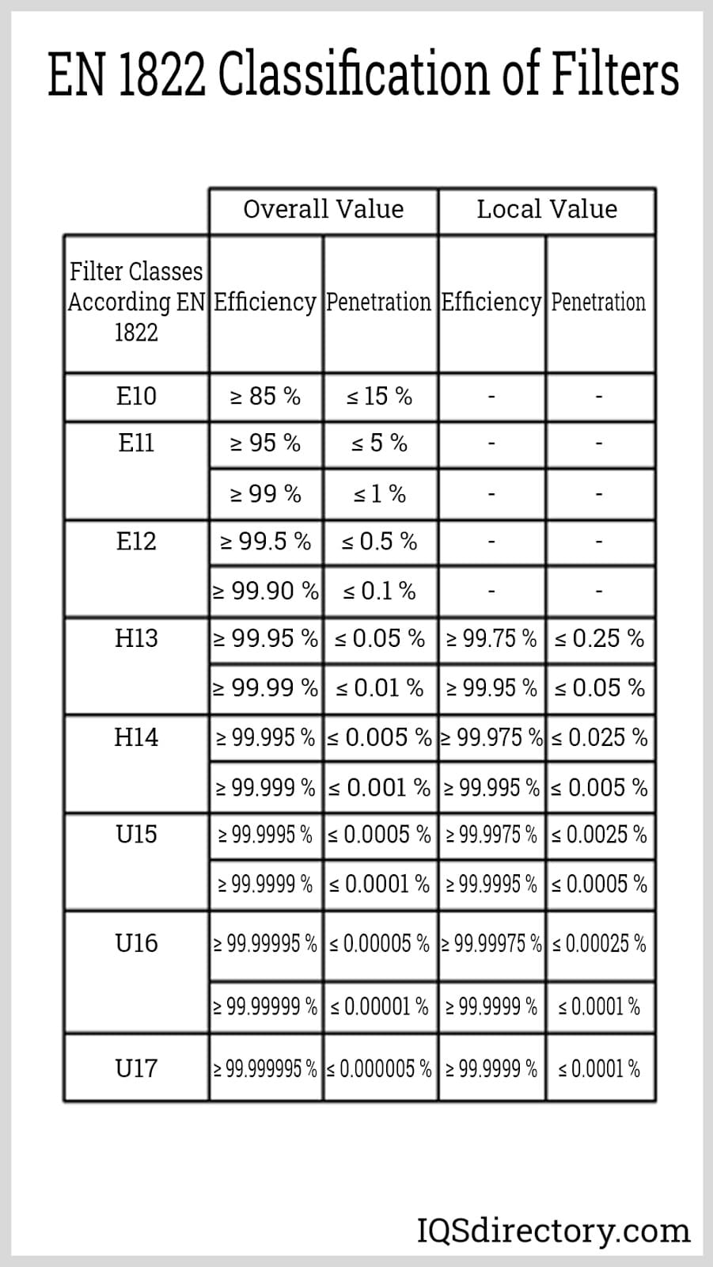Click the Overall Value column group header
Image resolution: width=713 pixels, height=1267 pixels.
point(323,209)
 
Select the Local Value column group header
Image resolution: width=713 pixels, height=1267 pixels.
point(546,209)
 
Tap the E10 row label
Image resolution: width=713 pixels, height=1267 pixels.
point(136,396)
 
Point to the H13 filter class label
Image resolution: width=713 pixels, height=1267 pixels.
point(136,638)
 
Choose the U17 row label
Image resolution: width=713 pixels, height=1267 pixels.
point(136,1068)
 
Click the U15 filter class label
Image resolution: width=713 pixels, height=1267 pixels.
point(136,834)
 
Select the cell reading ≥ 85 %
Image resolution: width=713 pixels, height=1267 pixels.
point(265,396)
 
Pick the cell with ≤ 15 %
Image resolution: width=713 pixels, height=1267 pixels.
point(379,396)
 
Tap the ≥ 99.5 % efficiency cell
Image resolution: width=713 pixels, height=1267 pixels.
point(265,542)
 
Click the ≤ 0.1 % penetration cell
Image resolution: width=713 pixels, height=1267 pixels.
point(379,591)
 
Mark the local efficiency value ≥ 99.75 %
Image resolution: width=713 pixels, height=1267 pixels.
point(491,638)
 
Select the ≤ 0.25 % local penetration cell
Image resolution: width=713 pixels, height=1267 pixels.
point(599,638)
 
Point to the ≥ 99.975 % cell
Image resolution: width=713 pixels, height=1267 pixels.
point(491,737)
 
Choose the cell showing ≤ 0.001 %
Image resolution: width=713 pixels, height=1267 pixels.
point(379,787)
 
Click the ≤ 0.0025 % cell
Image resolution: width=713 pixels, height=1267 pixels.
point(599,835)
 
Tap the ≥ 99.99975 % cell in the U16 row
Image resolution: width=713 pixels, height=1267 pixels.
point(491,943)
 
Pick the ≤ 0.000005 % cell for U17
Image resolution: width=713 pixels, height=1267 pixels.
point(379,1069)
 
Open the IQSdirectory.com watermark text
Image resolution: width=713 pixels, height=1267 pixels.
point(553,1231)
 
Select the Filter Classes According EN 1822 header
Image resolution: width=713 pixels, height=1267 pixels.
point(136,302)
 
